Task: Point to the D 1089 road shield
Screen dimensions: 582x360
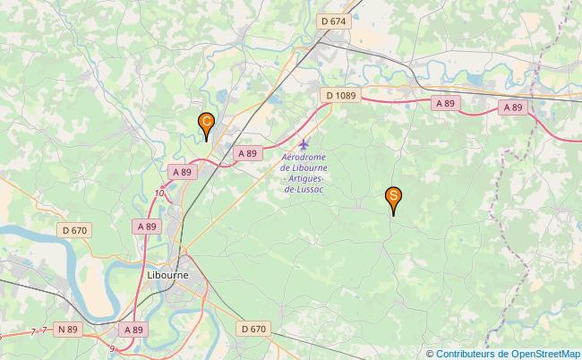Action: [x=341, y=95]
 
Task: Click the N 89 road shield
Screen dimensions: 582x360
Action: [x=68, y=330]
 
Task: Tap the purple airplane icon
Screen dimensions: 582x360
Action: [x=304, y=144]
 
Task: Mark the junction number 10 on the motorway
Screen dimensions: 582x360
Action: [x=159, y=193]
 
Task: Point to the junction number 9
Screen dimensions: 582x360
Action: [x=112, y=347]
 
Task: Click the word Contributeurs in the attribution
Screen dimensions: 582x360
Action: [x=468, y=353]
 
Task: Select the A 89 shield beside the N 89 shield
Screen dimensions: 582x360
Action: [x=133, y=330]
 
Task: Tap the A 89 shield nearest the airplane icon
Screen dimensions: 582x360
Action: [x=247, y=154]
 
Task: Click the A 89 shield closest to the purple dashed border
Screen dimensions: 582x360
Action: [x=512, y=107]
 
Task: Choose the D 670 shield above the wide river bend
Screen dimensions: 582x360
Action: [x=75, y=230]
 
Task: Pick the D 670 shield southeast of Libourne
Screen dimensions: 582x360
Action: [x=253, y=330]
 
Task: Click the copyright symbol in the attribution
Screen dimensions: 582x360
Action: [x=430, y=353]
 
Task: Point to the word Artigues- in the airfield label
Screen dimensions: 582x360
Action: [x=304, y=179]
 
